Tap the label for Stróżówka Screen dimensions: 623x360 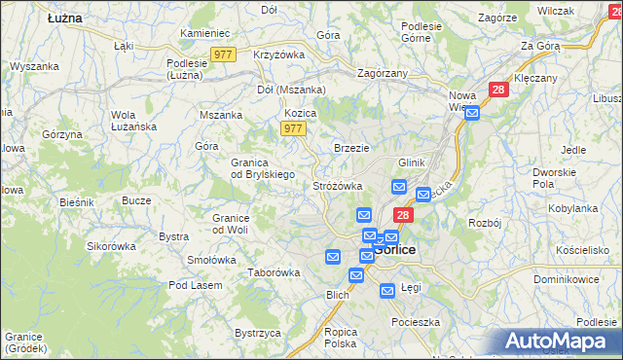pos(337,185)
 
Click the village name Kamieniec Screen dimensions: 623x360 pos(203,33)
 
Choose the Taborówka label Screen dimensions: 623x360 pos(274,272)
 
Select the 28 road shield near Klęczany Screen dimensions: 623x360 pos(498,90)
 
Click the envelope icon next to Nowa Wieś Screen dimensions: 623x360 pos(472,114)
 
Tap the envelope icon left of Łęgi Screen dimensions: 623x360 pos(387,290)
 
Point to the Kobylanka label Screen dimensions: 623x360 pos(572,208)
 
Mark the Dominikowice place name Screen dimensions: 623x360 pos(573,279)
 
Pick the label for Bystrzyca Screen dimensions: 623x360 pos(257,333)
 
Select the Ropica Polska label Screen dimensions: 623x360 pos(341,338)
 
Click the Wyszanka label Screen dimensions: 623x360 pos(35,66)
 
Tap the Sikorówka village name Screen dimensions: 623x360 pos(111,246)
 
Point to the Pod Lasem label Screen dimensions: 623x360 pos(195,285)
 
